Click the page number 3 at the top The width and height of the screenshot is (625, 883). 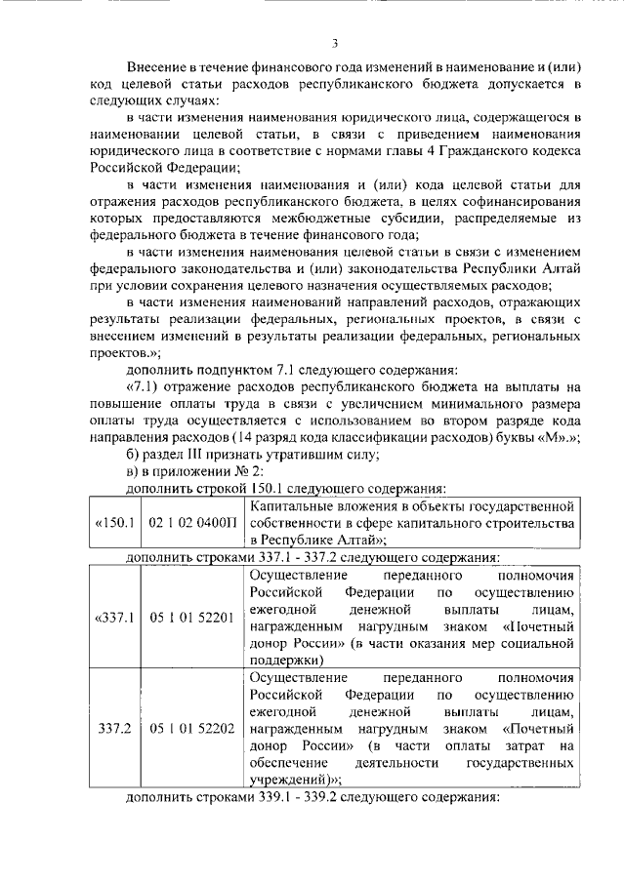pos(334,43)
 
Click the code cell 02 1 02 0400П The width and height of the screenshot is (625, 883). pos(192,523)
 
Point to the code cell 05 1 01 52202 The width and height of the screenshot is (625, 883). pos(192,729)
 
